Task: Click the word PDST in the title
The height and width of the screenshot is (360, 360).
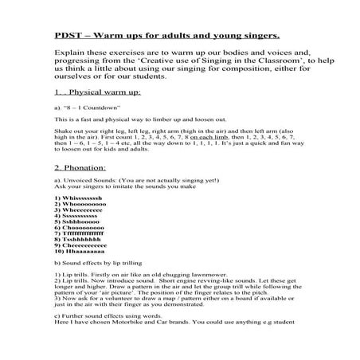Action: tap(68, 35)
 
